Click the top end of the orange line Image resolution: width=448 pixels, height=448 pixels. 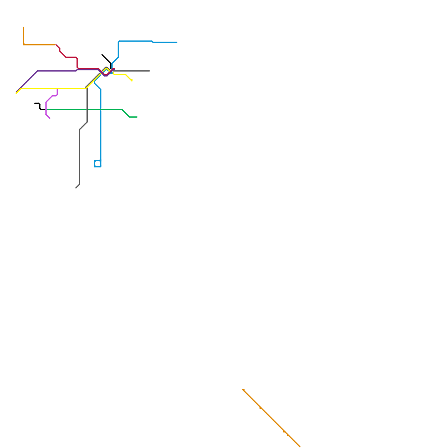pos(24,27)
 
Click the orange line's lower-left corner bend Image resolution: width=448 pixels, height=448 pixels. pos(24,45)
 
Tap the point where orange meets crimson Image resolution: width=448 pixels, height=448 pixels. pos(56,45)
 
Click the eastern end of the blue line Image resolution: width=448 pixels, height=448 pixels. pos(177,42)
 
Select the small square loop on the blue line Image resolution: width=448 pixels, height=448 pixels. pos(98,164)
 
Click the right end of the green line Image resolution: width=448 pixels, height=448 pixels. pos(137,117)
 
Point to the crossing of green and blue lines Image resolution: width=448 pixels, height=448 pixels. pos(101,109)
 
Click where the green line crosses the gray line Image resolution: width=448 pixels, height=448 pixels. pos(87,109)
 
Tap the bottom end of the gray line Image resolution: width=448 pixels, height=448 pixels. pos(76,188)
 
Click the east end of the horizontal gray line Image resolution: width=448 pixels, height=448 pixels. pos(150,71)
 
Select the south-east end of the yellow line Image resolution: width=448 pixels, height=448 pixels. pos(132,81)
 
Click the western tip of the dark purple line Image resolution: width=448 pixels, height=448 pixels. pos(16,92)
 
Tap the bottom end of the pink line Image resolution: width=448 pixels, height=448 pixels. pos(50,118)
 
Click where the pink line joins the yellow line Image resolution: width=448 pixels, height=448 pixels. pos(57,88)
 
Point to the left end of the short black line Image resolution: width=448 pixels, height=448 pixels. pos(35,103)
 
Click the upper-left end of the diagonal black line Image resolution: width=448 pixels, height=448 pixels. pos(102,55)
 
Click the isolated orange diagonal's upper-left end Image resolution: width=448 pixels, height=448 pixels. pos(243,389)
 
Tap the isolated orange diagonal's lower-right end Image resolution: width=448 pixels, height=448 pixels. pos(300,447)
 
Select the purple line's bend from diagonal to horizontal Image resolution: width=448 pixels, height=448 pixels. pos(38,71)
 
